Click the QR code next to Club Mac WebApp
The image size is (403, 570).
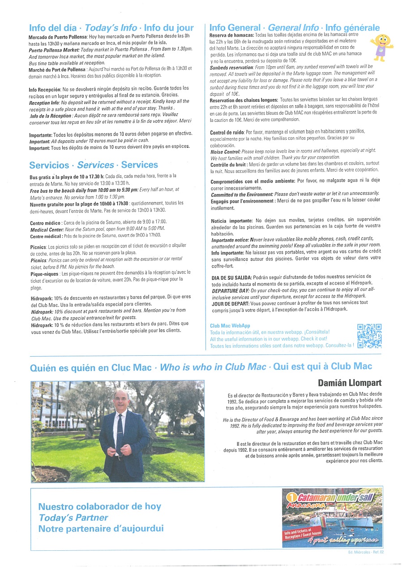click(369, 336)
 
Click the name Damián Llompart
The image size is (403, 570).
click(350, 382)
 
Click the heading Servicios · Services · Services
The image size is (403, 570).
click(94, 164)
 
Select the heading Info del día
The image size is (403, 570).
click(54, 28)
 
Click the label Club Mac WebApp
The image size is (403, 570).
click(230, 326)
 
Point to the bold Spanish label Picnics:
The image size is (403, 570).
click(38, 246)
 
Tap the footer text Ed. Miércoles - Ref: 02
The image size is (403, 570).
click(366, 552)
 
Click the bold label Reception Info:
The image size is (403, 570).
click(44, 102)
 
